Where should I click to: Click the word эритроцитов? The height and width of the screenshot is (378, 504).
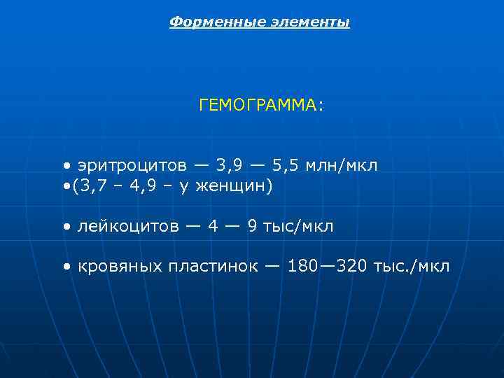[132, 165]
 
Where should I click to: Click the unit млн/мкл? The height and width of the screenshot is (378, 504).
[344, 165]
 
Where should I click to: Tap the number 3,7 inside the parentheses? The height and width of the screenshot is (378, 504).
[87, 187]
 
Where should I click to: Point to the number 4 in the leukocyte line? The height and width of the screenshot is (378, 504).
[213, 227]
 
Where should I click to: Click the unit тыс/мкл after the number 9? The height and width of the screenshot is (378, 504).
[300, 227]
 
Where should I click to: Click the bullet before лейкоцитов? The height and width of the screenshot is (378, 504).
[65, 227]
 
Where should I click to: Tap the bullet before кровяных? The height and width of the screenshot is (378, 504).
[65, 267]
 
